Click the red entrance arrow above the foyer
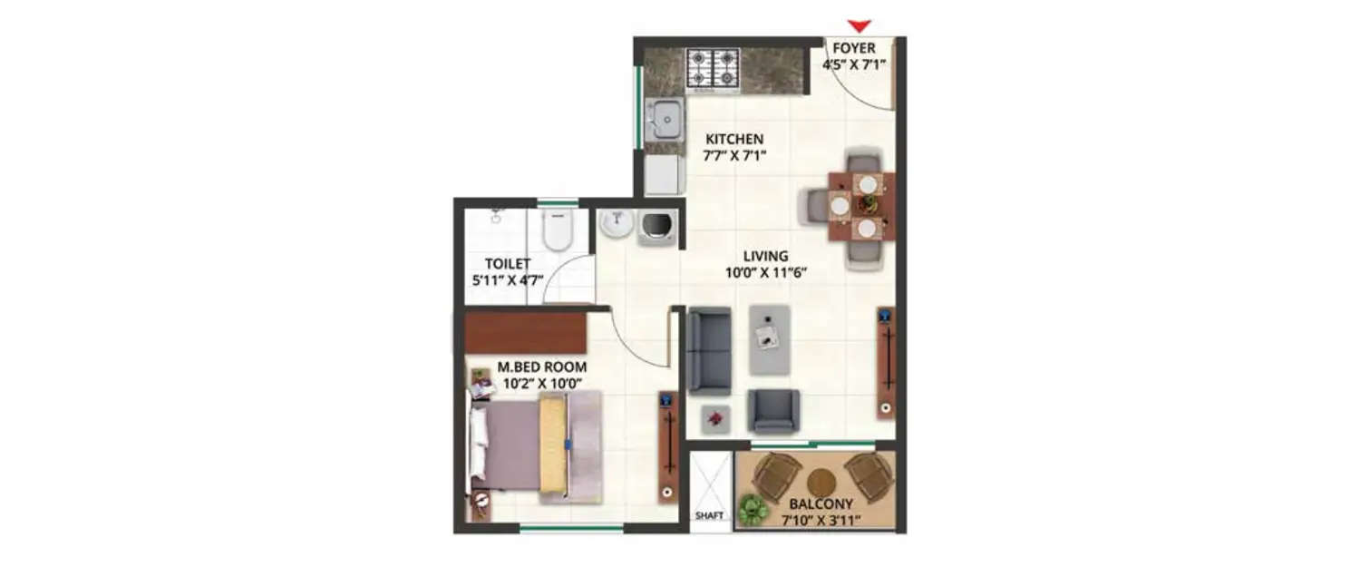(x=859, y=25)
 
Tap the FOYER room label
(x=854, y=48)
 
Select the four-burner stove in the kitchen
(x=713, y=68)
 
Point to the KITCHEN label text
(x=735, y=139)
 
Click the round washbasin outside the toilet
(x=617, y=223)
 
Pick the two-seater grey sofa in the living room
(x=709, y=351)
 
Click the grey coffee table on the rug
(x=770, y=338)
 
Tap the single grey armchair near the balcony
(x=773, y=411)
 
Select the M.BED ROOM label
(x=542, y=367)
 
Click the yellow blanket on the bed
(x=553, y=445)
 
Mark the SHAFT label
(x=709, y=516)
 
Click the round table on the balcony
(x=822, y=482)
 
